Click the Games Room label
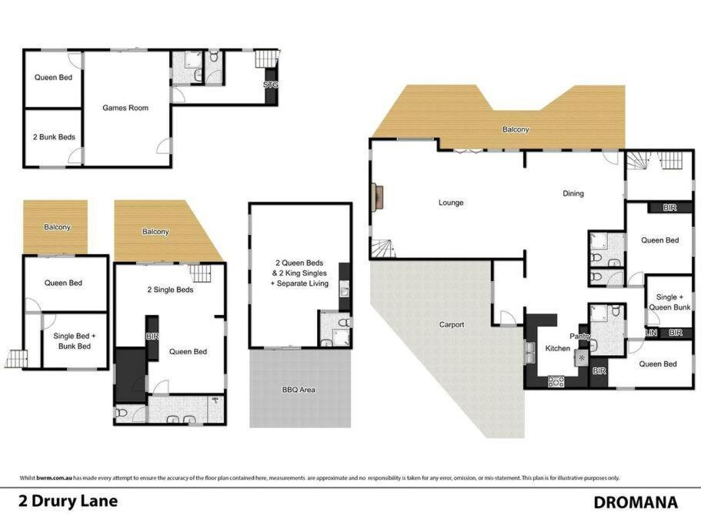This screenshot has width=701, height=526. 125,108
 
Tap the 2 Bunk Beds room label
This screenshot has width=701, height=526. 54,137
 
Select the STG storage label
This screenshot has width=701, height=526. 271,85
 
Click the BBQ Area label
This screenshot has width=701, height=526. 299,390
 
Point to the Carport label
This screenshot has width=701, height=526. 452,325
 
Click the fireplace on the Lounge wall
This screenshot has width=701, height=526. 378,198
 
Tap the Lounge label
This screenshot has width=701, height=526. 451,203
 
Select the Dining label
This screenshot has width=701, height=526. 573,193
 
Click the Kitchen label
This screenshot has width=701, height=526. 558,348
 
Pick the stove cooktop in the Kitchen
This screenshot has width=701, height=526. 556,381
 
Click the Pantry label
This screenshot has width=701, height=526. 580,336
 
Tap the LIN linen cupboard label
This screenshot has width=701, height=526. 652,333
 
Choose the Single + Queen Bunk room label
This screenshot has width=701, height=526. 669,302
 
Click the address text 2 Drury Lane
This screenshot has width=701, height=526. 68,501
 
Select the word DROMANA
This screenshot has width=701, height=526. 636,502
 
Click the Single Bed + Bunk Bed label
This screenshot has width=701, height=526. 74,341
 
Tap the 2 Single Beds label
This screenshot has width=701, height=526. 170,290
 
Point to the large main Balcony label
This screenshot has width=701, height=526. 516,129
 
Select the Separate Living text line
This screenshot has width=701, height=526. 299,283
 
